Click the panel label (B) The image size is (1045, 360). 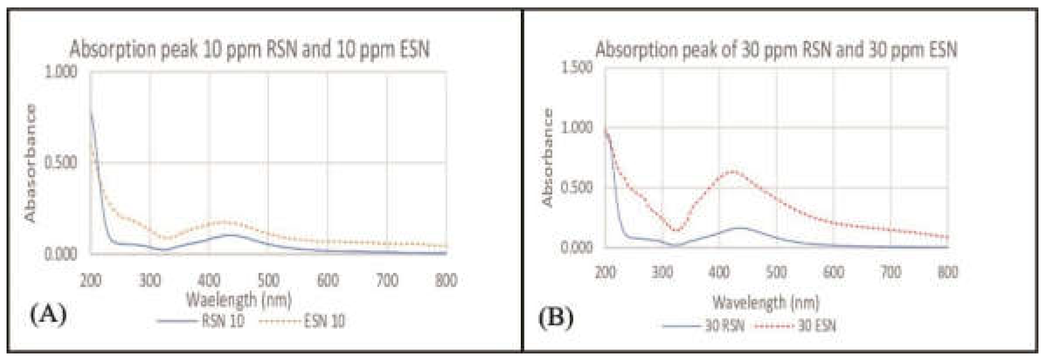click(556, 319)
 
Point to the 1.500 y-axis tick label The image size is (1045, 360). click(577, 68)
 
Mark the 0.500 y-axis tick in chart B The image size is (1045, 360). click(577, 188)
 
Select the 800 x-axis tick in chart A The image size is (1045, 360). click(446, 280)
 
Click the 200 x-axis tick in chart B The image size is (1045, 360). click(606, 272)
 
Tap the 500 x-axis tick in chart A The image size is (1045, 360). click(268, 280)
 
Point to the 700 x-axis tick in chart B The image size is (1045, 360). click(890, 272)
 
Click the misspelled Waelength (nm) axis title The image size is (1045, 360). click(239, 300)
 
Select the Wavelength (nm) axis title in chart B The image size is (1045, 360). click(766, 302)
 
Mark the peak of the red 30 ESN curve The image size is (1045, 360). click(733, 171)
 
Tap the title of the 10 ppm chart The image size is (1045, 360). click(249, 49)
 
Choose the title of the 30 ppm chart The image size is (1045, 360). click(776, 49)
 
